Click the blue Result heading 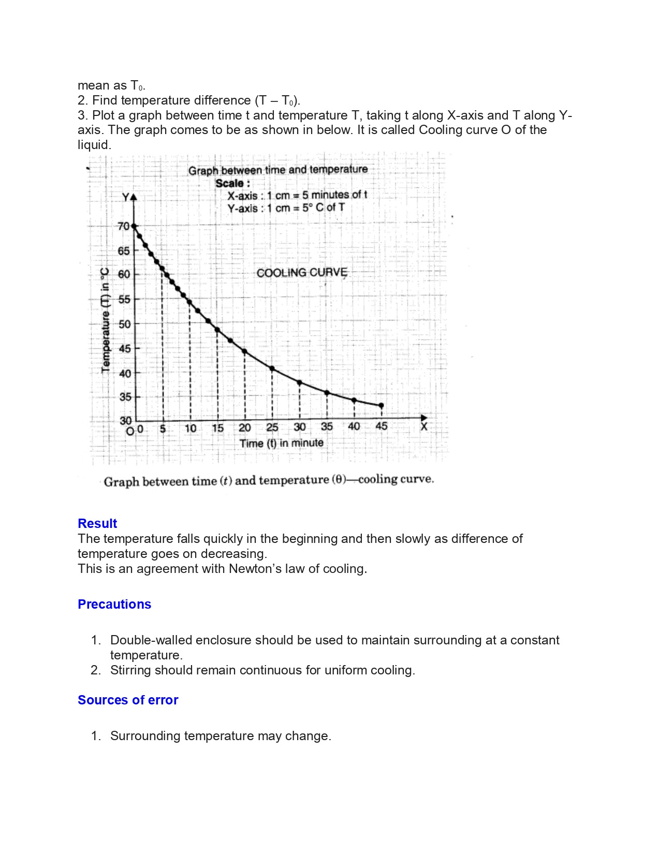point(97,523)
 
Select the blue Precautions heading point(114,604)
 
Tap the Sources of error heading point(128,700)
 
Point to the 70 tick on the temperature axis point(123,226)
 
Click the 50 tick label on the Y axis point(125,324)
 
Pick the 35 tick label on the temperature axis point(125,397)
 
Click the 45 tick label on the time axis point(382,426)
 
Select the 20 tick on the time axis point(245,428)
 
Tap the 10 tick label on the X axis point(190,428)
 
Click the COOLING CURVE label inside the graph point(302,273)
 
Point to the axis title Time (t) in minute point(281,443)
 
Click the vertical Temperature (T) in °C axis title point(106,319)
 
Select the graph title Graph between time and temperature point(278,170)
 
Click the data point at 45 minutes point(382,405)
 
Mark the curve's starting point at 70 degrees point(134,226)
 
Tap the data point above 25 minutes point(272,369)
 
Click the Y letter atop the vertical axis point(126,197)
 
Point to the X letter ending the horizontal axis point(424,427)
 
